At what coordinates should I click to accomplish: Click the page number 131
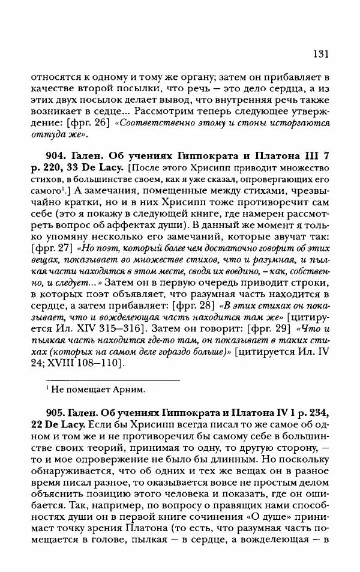tap(321, 54)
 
